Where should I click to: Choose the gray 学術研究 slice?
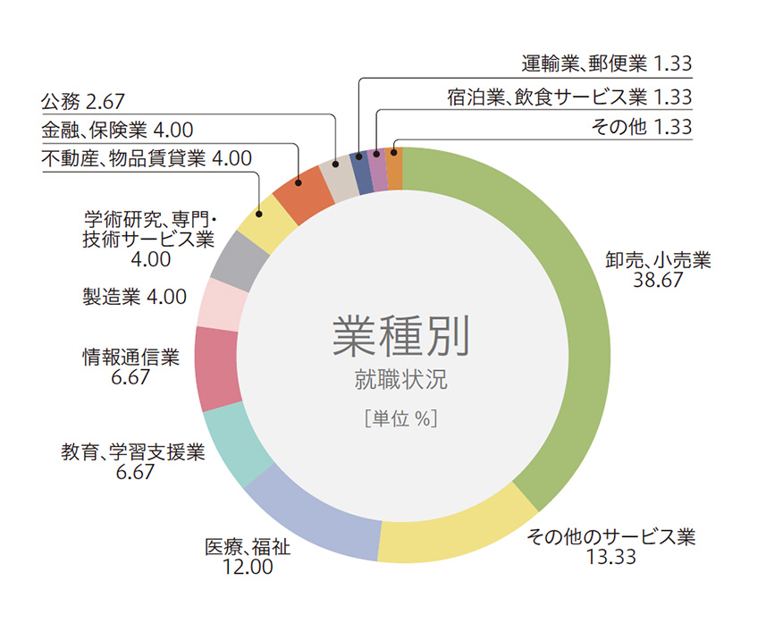point(240,256)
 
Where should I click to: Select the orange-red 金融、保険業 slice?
point(303,187)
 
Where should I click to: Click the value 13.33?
point(610,558)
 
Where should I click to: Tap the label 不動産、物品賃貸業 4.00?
point(147,159)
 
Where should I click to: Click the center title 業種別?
point(400,336)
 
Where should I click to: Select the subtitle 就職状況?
point(400,379)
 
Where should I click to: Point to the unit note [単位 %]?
point(400,417)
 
